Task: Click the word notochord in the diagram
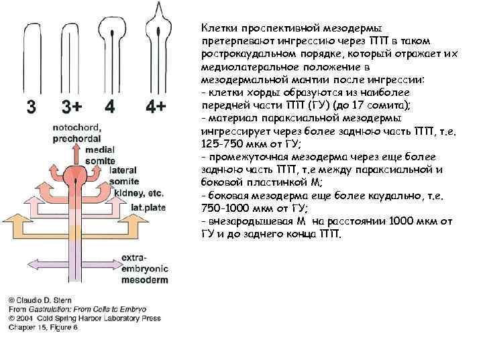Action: click(76, 128)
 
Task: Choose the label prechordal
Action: click(77, 138)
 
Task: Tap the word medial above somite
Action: click(100, 149)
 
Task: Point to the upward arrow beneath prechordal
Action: click(78, 154)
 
